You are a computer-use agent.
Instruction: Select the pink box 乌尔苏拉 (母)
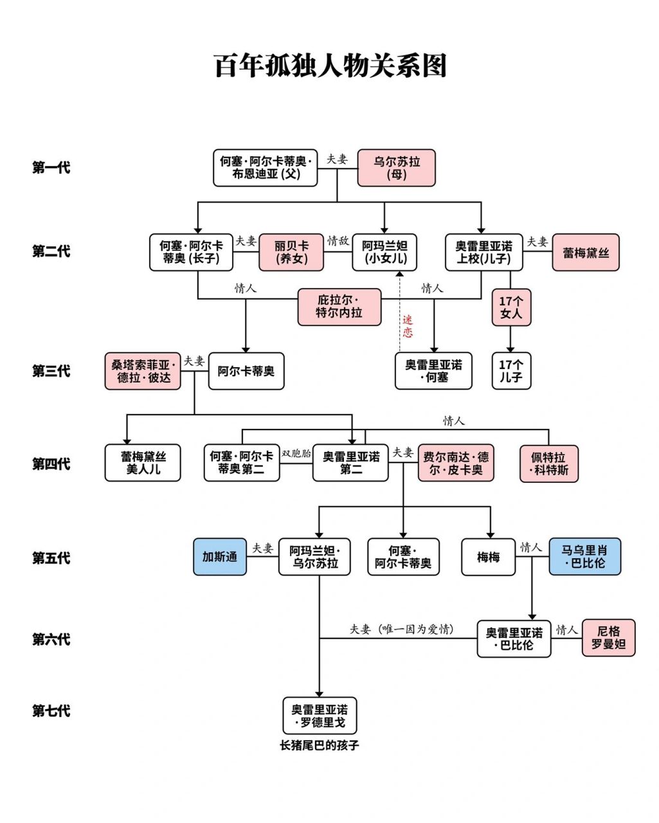coord(396,168)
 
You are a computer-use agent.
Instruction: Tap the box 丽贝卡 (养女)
coord(291,253)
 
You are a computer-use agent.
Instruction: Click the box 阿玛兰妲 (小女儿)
coord(384,253)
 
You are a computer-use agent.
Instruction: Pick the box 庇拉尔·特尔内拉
coord(339,307)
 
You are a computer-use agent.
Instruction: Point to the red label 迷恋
coord(408,326)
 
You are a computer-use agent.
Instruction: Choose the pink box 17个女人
coord(511,307)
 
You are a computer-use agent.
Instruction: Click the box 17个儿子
coord(511,371)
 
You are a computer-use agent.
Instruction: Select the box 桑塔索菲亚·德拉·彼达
coord(143,372)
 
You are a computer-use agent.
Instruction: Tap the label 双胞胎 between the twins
coord(296,453)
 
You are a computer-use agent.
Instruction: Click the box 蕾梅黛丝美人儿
coord(143,463)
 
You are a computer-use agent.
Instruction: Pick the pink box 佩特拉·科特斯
coord(549,464)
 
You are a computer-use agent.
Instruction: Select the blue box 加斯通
coord(219,557)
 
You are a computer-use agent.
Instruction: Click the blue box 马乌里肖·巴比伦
coord(585,556)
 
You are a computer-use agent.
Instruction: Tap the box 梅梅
coord(488,557)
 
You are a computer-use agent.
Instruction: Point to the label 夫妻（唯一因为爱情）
coord(402,629)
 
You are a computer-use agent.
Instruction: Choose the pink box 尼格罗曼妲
coord(608,638)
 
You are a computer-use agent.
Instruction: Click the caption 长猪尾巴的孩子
coord(320,745)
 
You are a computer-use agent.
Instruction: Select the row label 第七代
coord(51,710)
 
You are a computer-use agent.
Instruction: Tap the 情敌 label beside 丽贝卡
coord(338,240)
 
